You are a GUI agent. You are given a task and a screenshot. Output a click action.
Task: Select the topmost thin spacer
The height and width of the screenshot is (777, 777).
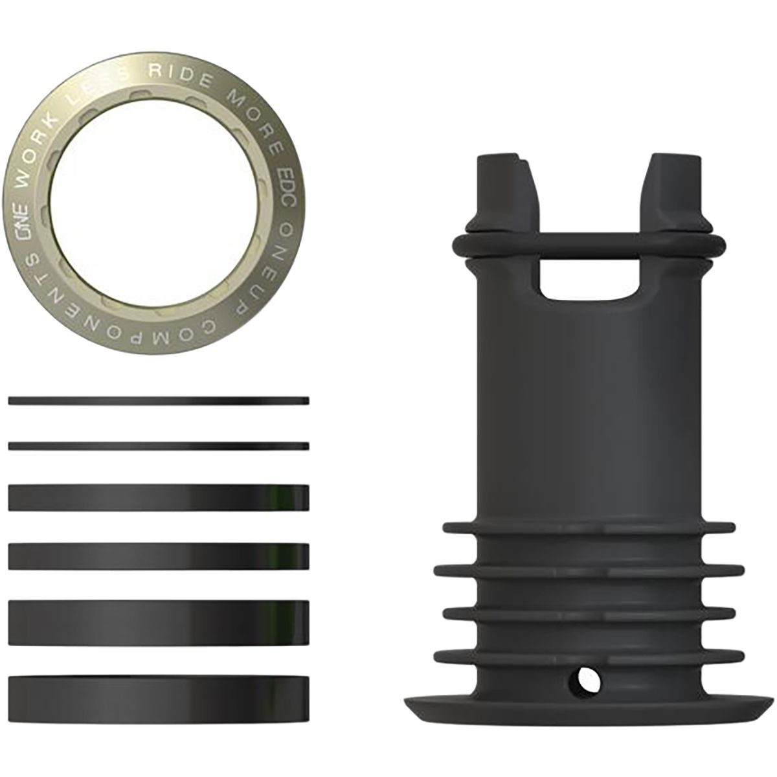click(x=159, y=400)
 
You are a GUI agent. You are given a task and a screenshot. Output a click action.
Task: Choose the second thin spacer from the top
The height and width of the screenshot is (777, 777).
click(x=159, y=445)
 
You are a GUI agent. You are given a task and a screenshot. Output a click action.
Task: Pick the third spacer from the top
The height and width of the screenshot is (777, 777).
click(x=159, y=497)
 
